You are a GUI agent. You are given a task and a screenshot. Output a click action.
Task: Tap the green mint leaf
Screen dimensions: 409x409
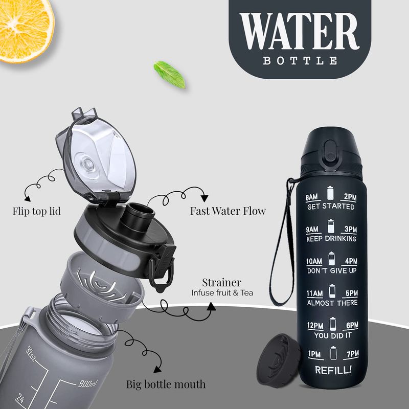(170, 74)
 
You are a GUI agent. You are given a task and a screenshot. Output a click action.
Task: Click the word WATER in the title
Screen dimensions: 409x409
(300, 32)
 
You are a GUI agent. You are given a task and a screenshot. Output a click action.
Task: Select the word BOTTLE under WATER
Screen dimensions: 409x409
(300, 61)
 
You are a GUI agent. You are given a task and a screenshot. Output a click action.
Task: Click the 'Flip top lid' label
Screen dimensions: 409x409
(36, 211)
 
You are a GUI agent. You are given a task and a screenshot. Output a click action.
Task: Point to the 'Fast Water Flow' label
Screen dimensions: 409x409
(228, 211)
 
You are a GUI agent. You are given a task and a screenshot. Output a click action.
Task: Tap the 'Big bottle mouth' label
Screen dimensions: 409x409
(166, 384)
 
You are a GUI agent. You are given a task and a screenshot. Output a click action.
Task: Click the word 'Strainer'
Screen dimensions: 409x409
(222, 283)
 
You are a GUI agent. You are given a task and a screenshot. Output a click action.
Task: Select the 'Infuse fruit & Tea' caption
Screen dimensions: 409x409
(222, 293)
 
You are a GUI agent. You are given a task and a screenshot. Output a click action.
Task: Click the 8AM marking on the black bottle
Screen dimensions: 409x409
(312, 197)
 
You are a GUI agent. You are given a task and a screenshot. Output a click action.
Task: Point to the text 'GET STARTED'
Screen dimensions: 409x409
(331, 207)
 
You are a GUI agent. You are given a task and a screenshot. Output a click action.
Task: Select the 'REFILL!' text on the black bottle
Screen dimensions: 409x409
(333, 370)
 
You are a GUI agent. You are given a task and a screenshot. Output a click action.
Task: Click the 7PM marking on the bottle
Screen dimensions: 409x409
(353, 354)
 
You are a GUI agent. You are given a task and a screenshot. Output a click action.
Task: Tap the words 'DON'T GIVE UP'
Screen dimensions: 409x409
(332, 271)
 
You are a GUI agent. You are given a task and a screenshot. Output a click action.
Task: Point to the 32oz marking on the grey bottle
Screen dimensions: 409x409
(31, 353)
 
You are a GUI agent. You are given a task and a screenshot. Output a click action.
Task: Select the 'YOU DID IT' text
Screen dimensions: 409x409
(333, 335)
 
